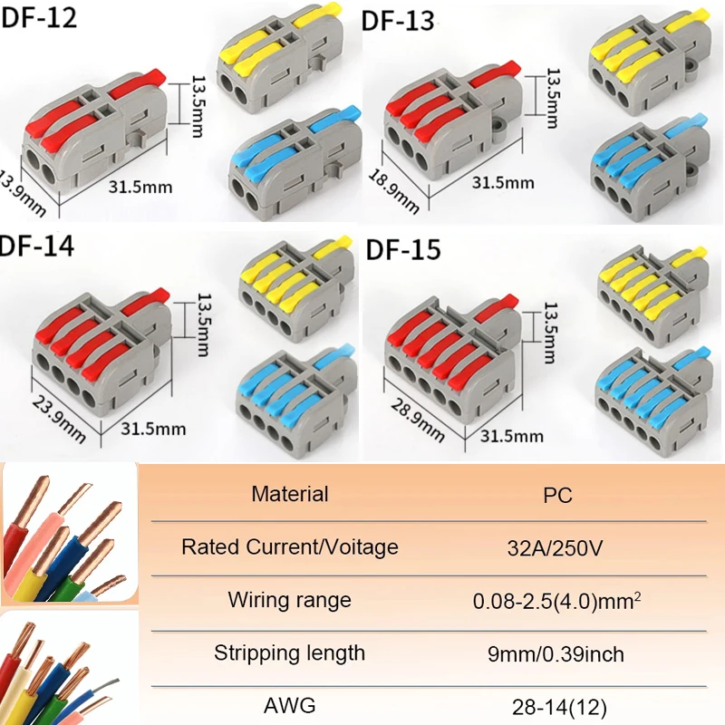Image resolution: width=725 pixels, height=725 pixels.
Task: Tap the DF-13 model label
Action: tap(399, 21)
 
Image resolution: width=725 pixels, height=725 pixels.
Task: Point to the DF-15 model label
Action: tap(403, 248)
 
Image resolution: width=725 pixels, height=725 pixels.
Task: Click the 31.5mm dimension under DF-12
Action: tap(140, 189)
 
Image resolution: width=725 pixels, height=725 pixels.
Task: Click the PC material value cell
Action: tap(558, 496)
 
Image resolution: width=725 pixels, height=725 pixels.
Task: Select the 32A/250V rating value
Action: tap(558, 547)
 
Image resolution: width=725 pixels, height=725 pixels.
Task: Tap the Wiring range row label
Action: tap(289, 600)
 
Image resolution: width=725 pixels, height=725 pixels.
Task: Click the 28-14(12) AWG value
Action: tap(558, 705)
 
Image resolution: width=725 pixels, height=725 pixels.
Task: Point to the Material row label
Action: tap(290, 495)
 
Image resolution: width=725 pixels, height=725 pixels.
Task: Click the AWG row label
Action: tap(290, 704)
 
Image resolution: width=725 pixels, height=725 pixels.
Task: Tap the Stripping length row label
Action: tap(289, 652)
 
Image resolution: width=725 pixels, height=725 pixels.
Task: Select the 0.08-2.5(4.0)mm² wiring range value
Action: tap(558, 600)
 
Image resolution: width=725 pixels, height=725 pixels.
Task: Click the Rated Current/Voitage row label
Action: tap(289, 547)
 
